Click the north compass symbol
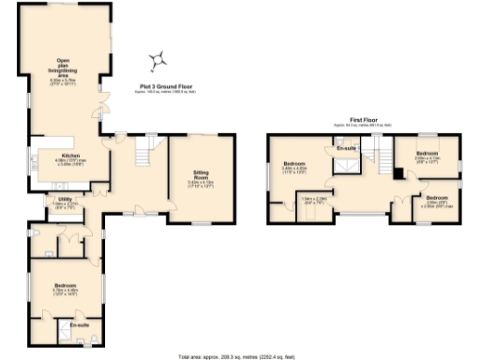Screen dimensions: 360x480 pos(158,61)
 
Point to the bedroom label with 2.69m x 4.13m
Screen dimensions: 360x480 pos(427,154)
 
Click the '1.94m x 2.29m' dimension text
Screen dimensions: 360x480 pos(313,199)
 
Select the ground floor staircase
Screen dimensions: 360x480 pos(145,149)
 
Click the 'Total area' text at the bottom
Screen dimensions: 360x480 pos(238,356)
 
